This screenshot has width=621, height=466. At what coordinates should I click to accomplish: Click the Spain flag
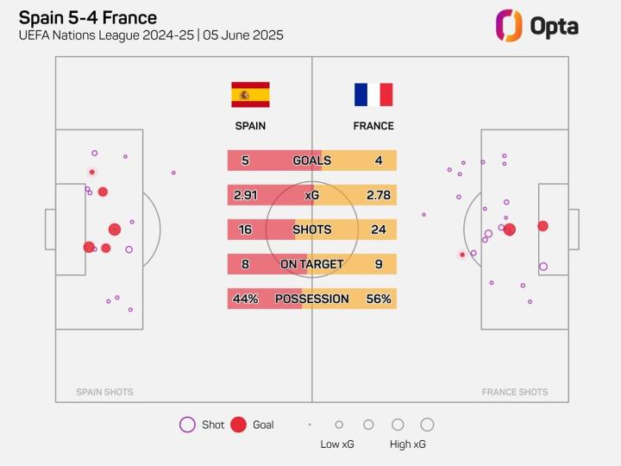click(250, 95)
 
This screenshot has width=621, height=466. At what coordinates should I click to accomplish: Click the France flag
click(373, 95)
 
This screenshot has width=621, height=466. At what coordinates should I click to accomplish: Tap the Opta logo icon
click(509, 25)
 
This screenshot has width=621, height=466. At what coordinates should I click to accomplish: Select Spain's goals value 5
click(245, 161)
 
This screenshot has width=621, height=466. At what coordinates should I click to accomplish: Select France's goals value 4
click(379, 161)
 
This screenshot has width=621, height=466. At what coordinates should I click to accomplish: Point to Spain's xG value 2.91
click(245, 195)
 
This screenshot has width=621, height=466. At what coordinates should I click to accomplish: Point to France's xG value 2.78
click(379, 195)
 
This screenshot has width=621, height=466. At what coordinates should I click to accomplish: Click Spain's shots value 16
click(245, 230)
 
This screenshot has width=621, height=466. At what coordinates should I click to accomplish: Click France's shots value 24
click(379, 230)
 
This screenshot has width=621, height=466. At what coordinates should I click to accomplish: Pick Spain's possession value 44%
click(245, 299)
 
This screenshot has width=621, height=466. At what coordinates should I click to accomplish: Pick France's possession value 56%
click(379, 299)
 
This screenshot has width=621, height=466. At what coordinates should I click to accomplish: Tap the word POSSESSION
click(311, 299)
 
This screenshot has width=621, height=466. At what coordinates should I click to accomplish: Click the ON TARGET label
click(311, 264)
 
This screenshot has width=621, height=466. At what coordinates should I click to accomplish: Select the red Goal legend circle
click(239, 425)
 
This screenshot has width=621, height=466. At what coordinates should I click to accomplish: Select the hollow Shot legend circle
click(187, 425)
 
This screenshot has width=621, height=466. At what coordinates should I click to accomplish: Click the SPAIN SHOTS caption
click(104, 392)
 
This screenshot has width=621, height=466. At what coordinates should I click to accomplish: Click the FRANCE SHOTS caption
click(514, 392)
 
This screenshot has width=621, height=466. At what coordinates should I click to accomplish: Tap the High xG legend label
click(407, 444)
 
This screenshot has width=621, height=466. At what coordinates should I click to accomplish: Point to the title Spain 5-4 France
click(87, 17)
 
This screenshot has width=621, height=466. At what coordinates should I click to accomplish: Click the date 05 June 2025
click(243, 35)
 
